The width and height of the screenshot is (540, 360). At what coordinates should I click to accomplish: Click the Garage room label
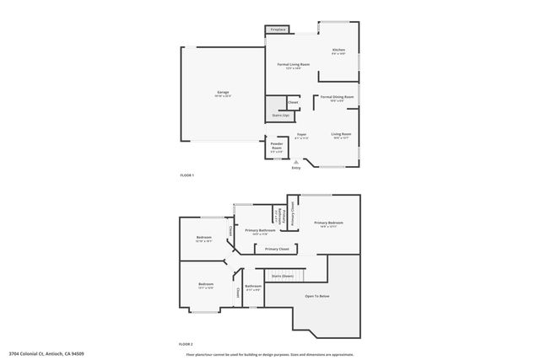223,92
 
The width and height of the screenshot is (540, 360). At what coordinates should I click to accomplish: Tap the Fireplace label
278,30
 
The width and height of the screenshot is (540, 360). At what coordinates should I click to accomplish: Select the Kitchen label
337,51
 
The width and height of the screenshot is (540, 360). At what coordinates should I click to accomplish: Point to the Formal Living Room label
294,64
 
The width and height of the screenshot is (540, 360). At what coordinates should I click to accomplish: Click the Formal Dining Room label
337,97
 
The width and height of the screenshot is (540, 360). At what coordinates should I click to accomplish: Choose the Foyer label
301,134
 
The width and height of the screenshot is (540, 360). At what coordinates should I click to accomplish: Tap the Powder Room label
277,144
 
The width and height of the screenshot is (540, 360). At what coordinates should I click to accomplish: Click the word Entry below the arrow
296,168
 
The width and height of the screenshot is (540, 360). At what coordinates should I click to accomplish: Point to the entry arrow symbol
296,161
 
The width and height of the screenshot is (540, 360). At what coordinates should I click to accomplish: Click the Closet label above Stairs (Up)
293,102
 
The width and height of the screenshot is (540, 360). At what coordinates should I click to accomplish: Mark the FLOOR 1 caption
186,175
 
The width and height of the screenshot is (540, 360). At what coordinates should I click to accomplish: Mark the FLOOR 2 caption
186,344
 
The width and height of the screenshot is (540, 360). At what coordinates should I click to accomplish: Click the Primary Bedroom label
328,223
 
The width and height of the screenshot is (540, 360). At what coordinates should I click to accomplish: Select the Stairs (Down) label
283,276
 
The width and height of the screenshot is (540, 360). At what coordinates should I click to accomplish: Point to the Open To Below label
317,296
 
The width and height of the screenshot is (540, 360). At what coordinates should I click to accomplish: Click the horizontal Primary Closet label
277,249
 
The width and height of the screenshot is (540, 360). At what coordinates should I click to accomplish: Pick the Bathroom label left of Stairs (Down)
253,286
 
